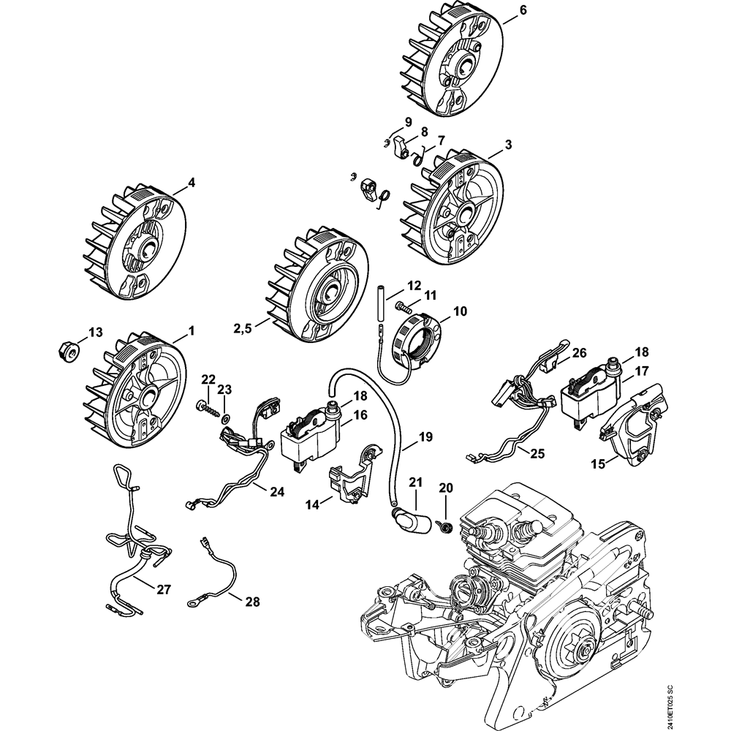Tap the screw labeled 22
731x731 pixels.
tap(208, 409)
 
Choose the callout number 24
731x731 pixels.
tap(276, 492)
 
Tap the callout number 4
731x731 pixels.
tap(192, 182)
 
